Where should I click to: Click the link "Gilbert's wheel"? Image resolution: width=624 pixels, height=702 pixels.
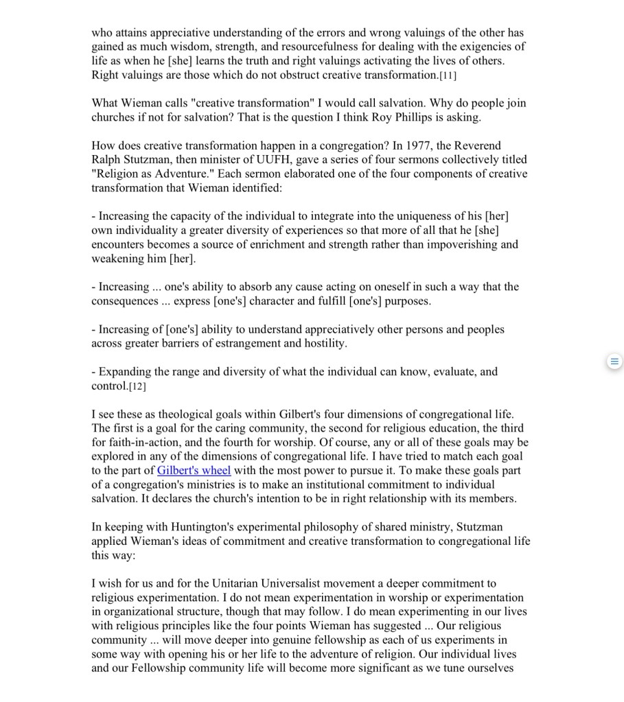click(x=194, y=470)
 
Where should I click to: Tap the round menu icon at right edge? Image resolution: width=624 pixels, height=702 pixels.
click(x=614, y=362)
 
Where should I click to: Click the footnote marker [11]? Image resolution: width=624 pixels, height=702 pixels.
click(x=448, y=75)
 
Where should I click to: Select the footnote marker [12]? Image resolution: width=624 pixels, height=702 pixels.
click(x=137, y=386)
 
